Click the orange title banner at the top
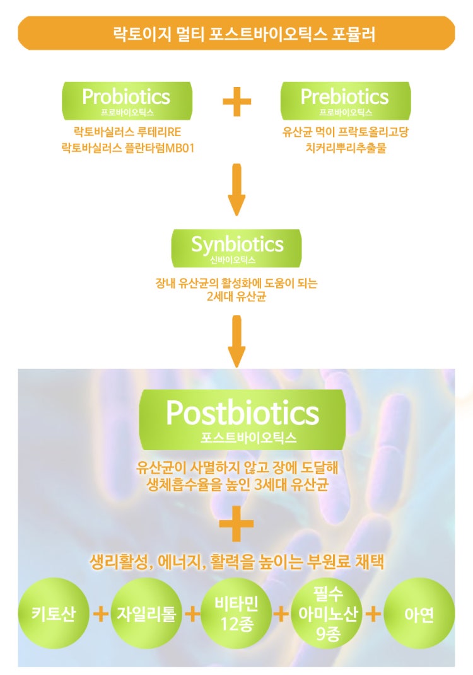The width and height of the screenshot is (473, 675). (236, 33)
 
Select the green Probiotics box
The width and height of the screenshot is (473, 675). (127, 101)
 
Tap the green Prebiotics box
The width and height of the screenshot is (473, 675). (346, 101)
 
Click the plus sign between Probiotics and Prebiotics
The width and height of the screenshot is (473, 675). (237, 101)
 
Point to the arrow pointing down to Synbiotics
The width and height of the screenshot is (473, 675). (237, 190)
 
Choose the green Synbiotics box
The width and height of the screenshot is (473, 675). (237, 248)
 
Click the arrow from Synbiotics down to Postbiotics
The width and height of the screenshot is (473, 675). (237, 342)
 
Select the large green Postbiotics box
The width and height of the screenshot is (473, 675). (243, 420)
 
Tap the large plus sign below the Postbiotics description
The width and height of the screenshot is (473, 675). (237, 524)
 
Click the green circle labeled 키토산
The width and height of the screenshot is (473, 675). (54, 613)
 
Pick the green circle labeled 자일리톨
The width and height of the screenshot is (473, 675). (146, 613)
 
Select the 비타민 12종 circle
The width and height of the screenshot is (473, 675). (237, 613)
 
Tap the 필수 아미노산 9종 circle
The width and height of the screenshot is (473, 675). (328, 613)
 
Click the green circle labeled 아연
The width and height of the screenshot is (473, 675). (419, 613)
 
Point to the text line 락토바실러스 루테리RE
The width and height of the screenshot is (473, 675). (127, 131)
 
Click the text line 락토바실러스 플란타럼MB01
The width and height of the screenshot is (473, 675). (128, 148)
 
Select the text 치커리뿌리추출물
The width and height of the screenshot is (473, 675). (346, 148)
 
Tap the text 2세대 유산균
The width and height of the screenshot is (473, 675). (237, 297)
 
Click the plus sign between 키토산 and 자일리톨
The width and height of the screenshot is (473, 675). (101, 613)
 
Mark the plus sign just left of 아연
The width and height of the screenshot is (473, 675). (373, 614)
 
